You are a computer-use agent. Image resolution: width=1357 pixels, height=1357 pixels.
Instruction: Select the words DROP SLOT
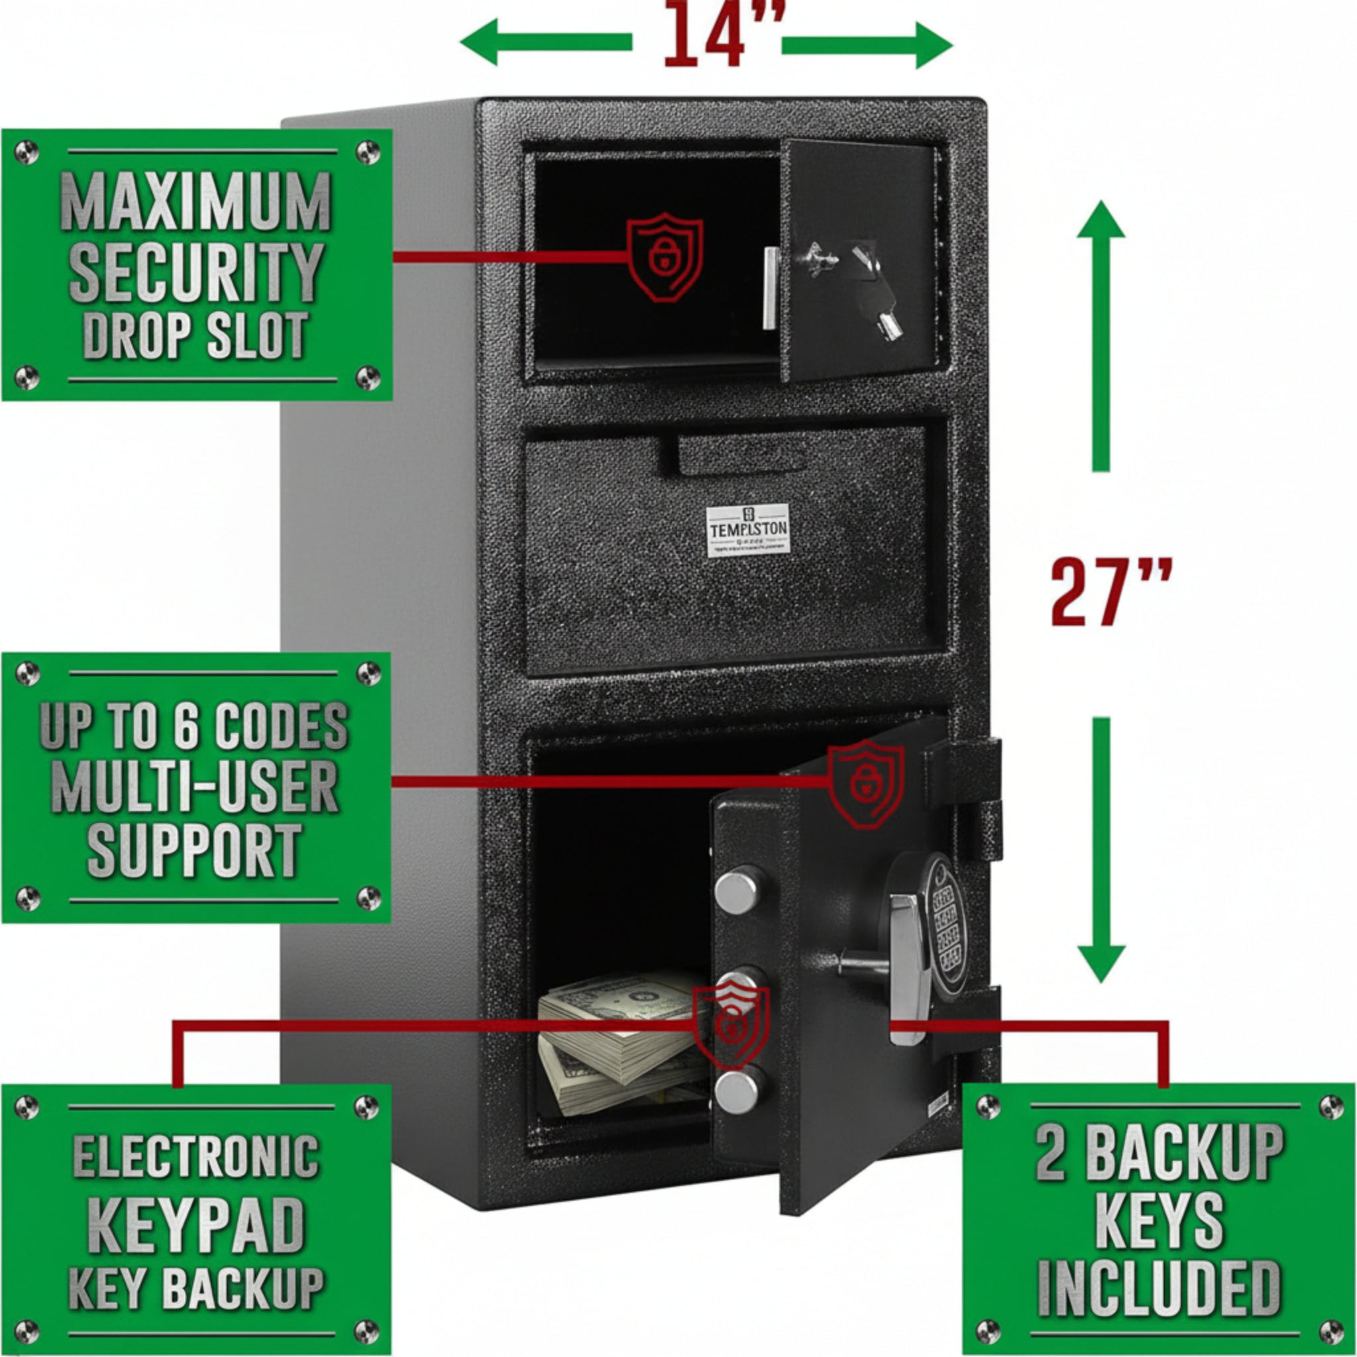point(195,335)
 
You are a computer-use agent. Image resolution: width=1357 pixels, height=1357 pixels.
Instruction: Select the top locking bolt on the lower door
point(739,890)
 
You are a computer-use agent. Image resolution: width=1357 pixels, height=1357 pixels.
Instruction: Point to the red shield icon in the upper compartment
point(665,256)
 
